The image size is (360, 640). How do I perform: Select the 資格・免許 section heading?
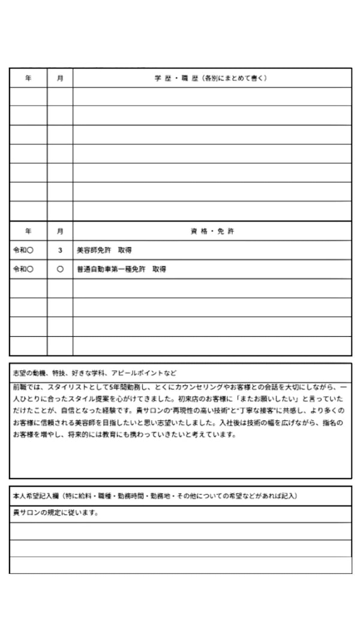point(212,231)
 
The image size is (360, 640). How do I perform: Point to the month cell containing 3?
point(60,250)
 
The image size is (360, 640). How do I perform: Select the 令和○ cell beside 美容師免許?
point(23,250)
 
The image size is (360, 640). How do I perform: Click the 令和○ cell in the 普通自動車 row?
point(23,270)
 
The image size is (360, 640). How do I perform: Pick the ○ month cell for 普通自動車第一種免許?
point(60,270)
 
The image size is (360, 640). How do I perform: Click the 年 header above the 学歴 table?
point(28,78)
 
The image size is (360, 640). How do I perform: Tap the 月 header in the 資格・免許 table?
point(60,231)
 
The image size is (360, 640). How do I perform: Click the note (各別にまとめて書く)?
point(235,78)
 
